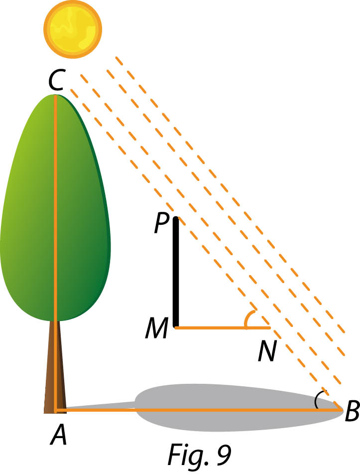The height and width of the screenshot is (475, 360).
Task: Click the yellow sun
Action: pos(73,29)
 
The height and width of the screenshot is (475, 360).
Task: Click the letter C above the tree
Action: pos(56,80)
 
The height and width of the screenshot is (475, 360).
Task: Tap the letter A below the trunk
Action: pos(59,434)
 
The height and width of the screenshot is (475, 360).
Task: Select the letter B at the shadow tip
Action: pos(353,411)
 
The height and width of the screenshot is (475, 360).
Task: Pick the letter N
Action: pos(267,351)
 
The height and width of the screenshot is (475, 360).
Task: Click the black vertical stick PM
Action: pos(176,272)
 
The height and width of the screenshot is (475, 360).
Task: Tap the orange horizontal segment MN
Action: pos(223,327)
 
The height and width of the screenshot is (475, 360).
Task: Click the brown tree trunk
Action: pos(55,366)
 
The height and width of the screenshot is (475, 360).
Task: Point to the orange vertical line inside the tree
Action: pos(55,253)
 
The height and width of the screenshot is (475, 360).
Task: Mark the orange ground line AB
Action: pos(198,410)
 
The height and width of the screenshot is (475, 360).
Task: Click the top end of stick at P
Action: pos(176,217)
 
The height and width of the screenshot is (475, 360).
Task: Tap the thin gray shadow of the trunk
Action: pos(100,405)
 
